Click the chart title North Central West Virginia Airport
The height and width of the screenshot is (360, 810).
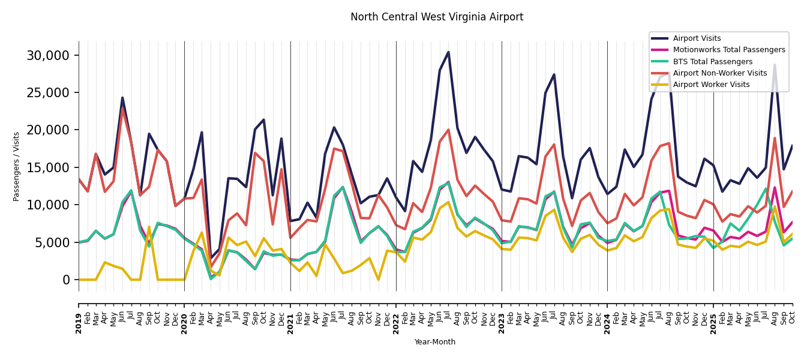pos(437,17)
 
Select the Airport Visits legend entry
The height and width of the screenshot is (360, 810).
pos(697,38)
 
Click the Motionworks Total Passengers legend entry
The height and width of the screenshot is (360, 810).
pos(728,50)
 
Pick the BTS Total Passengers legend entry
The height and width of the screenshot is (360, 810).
pos(712,62)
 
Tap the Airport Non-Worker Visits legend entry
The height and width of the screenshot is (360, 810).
pos(719,73)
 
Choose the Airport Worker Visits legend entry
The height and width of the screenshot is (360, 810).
pos(711,85)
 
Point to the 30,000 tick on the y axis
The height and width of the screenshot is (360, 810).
pos(47,56)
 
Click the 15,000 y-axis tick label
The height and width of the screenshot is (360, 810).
pos(47,167)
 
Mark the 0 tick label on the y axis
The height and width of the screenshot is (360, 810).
pos(66,280)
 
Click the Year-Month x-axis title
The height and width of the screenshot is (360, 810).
pos(435,342)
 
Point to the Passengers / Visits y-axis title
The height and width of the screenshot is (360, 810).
pos(17,166)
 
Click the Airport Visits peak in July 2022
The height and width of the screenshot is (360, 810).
pos(448,52)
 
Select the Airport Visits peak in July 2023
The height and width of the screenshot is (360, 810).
pos(554,75)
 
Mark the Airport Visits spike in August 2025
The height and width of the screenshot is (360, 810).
pos(775,65)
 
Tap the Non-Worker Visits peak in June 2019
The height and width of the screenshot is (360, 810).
pos(122,108)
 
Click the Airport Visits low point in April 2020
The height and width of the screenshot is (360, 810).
pos(211,258)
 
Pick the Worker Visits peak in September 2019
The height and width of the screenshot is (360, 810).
pos(149,227)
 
